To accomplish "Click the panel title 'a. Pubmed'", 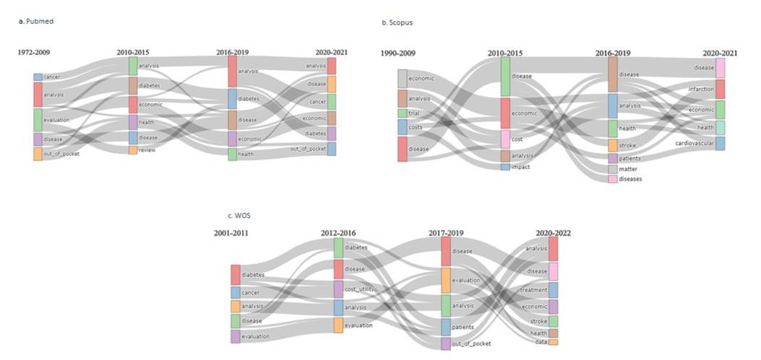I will coord(36,22).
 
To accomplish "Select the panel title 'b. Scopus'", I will coord(397,23).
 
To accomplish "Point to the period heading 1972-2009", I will coord(34,52).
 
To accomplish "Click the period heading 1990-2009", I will coord(398,52).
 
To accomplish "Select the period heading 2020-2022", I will coord(553,233).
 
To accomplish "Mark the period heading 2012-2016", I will coord(338,233).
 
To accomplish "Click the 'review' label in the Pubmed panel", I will coord(147,150).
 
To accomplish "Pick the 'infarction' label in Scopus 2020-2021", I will coord(700,90).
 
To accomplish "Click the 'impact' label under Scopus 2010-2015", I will coord(520,167).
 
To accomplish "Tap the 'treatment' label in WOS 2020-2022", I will coord(533,290).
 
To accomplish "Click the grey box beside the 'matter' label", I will coord(613,169).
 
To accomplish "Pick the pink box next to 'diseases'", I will coord(613,179).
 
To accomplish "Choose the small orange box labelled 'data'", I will coord(553,342).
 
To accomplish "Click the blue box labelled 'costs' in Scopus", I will coord(403,127).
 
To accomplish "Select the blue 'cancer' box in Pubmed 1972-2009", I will coord(38,77).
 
